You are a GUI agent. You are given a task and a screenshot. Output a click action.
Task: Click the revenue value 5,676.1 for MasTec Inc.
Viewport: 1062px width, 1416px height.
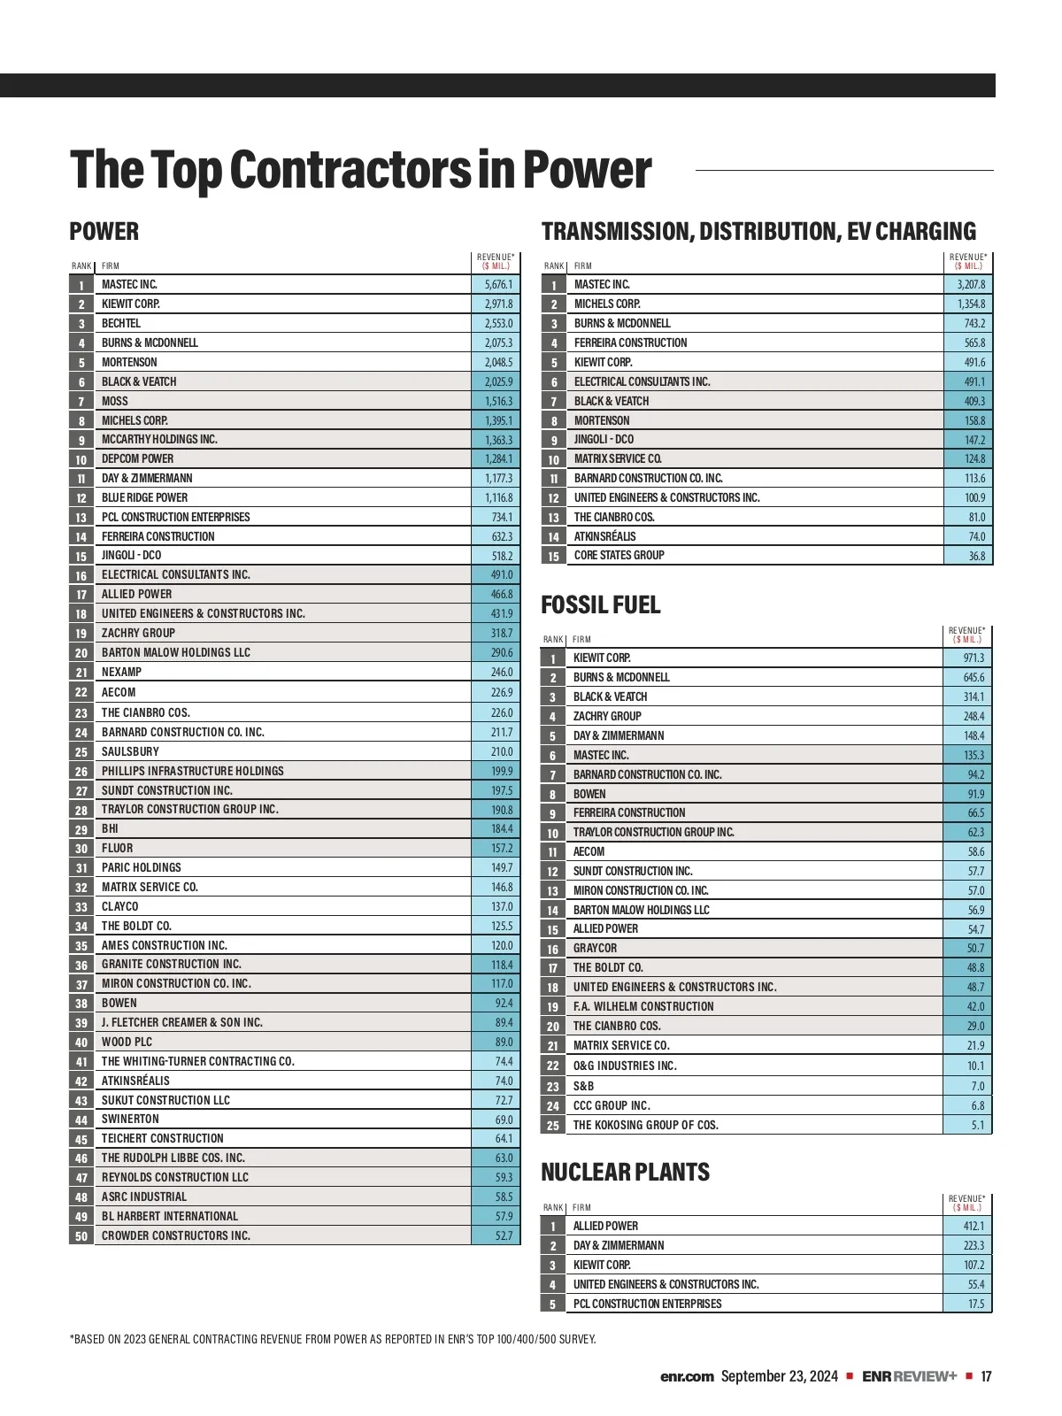pyautogui.click(x=498, y=285)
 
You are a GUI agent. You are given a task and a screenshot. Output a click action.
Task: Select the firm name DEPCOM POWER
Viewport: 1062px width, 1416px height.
pyautogui.click(x=137, y=459)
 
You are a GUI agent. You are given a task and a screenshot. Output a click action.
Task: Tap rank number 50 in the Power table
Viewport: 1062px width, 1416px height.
pyautogui.click(x=81, y=1236)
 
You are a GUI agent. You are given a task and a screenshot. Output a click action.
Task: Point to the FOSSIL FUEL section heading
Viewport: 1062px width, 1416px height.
pyautogui.click(x=601, y=605)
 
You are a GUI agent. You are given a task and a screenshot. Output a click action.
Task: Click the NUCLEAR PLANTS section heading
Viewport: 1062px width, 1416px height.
pyautogui.click(x=625, y=1173)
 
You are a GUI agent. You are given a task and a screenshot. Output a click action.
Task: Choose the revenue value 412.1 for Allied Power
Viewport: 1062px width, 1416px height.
pyautogui.click(x=973, y=1227)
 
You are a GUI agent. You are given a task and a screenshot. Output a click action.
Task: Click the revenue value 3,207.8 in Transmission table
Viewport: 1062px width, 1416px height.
pyautogui.click(x=971, y=285)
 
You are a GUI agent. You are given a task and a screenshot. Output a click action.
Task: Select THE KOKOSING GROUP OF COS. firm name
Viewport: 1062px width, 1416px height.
pyautogui.click(x=645, y=1126)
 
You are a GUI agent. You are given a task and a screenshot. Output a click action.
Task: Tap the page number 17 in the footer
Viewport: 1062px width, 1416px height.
pyautogui.click(x=986, y=1377)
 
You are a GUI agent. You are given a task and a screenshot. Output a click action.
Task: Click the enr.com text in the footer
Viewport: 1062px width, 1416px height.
pyautogui.click(x=687, y=1377)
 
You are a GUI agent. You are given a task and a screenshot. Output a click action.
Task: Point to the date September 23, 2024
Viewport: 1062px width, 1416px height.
pyautogui.click(x=779, y=1377)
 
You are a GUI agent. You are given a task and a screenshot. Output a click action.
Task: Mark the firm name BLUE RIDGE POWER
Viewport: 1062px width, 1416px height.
pyautogui.click(x=144, y=498)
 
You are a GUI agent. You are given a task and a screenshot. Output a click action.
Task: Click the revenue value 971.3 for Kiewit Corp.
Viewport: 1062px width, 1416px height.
pyautogui.click(x=973, y=658)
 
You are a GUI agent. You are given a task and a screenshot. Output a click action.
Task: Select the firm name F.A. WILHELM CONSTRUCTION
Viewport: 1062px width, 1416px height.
pyautogui.click(x=643, y=1007)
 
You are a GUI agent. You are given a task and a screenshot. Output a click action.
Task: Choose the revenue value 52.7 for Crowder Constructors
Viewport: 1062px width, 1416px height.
pyautogui.click(x=504, y=1236)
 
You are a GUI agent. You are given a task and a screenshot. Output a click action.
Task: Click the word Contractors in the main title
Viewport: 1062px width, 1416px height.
pyautogui.click(x=350, y=170)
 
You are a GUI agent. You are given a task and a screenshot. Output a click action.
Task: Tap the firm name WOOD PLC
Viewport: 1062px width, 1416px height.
pyautogui.click(x=127, y=1043)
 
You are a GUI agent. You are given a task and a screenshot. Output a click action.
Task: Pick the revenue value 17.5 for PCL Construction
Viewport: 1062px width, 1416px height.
pyautogui.click(x=975, y=1304)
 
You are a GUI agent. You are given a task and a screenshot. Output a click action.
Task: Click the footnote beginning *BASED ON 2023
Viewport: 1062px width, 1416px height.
pyautogui.click(x=333, y=1340)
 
